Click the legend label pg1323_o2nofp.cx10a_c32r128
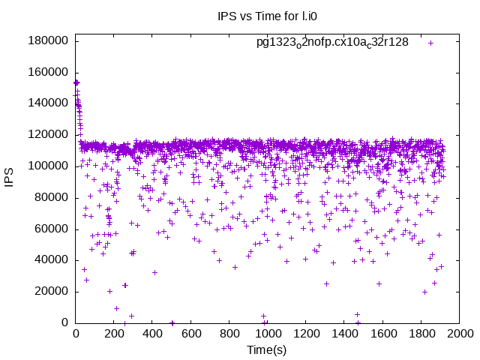(332, 42)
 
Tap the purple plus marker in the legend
(431, 43)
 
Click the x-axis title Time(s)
(267, 349)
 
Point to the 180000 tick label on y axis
(49, 40)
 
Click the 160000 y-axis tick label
(49, 72)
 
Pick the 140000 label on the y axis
(49, 103)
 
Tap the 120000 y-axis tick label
(49, 134)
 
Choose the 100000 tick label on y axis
(49, 166)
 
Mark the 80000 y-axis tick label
(52, 197)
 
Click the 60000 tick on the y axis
(52, 229)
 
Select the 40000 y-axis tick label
(52, 260)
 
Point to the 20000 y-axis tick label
(52, 291)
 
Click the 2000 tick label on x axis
(459, 333)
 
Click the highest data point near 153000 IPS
(76, 82)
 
